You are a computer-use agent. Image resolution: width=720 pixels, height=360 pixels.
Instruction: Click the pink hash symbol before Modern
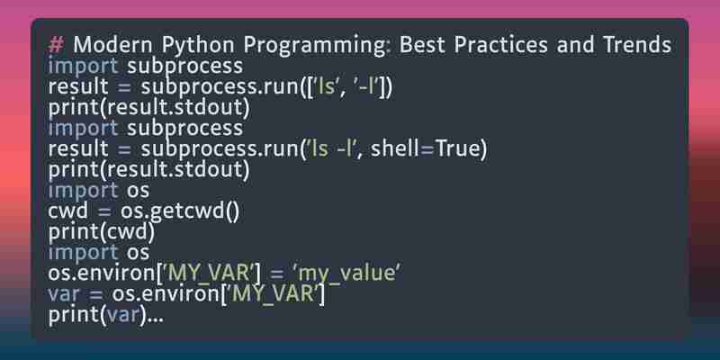pyautogui.click(x=56, y=46)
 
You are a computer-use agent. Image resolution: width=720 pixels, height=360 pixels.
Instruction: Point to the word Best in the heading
pyautogui.click(x=422, y=45)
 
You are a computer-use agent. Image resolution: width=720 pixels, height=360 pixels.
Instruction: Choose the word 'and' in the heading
pyautogui.click(x=576, y=45)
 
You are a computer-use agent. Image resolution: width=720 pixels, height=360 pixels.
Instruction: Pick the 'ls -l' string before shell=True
pyautogui.click(x=330, y=148)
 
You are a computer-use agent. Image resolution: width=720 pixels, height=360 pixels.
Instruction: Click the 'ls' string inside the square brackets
pyautogui.click(x=326, y=86)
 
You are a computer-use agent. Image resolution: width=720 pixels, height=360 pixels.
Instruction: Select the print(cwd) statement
pyautogui.click(x=101, y=232)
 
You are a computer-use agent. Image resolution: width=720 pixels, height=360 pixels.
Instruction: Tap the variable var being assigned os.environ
pyautogui.click(x=63, y=295)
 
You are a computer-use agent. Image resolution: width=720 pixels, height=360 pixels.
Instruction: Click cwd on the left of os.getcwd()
pyautogui.click(x=67, y=211)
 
